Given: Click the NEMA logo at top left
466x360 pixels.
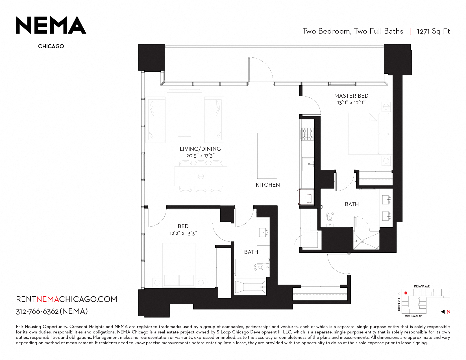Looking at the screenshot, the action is coord(51,25).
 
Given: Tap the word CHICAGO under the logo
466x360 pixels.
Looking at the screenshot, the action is coord(51,46).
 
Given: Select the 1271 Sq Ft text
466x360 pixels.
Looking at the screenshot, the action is coord(434,31).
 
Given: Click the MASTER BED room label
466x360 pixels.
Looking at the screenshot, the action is coord(351,96).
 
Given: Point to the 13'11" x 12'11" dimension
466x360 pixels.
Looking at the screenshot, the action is coord(351,103).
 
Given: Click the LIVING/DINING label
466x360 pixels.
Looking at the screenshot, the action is coord(200,149).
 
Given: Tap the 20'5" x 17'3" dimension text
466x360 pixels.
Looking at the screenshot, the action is coord(200,156).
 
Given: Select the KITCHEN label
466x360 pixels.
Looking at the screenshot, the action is coord(268,185).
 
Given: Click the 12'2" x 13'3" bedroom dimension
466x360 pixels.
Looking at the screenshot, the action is coord(183,233).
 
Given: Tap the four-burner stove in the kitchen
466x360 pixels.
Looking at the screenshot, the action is coord(307,134).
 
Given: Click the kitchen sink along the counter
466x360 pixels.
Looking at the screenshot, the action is coord(308,164).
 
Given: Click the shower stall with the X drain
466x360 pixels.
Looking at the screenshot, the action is coord(366,241).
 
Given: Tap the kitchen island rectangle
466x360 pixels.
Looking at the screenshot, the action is coord(267,156).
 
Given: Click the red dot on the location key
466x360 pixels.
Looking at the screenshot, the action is coord(406,293).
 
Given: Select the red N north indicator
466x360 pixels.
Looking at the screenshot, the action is coord(448,312).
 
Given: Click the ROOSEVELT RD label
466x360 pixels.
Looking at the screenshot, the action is coord(399,301).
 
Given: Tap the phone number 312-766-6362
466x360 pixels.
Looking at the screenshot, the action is coord(37,311).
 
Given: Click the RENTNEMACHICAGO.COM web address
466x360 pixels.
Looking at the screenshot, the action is coord(66,299).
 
